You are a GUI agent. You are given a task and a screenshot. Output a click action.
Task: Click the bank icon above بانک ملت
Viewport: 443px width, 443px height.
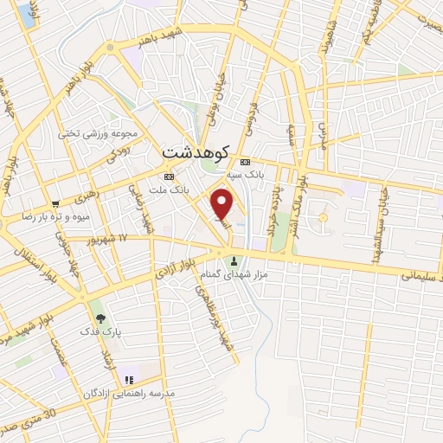coord(168,176)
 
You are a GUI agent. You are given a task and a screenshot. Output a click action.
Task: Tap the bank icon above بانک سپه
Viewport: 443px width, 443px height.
coord(244,162)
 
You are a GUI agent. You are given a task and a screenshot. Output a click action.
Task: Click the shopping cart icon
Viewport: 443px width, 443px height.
coord(55,204)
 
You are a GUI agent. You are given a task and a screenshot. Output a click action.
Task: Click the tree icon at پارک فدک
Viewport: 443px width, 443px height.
coord(100,318)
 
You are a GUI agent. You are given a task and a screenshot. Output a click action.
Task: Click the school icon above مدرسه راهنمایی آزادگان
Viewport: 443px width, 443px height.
coord(128,379)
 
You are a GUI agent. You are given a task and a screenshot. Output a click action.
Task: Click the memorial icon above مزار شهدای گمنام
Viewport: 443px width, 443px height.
coord(232,262)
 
